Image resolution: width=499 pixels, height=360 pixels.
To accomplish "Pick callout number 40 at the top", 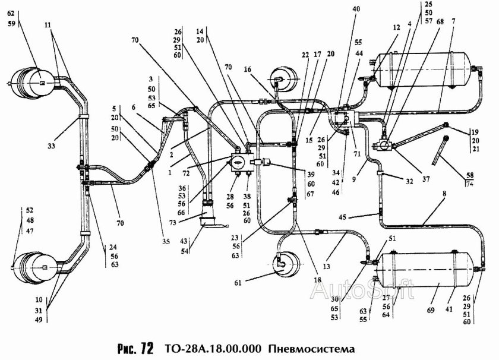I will [356, 9].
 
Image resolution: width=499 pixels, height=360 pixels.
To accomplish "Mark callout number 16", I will [248, 69].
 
